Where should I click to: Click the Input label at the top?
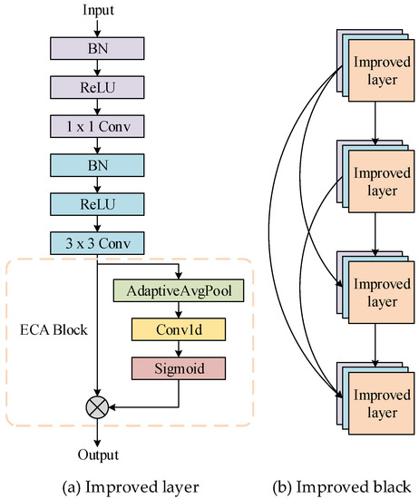(x=99, y=10)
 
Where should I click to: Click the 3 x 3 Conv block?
(x=99, y=242)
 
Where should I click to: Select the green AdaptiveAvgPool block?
(x=178, y=292)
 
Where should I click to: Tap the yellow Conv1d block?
(x=178, y=330)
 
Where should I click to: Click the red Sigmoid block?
(x=178, y=368)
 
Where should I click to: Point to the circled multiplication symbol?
(x=99, y=407)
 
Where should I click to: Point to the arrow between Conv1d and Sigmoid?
(x=178, y=349)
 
